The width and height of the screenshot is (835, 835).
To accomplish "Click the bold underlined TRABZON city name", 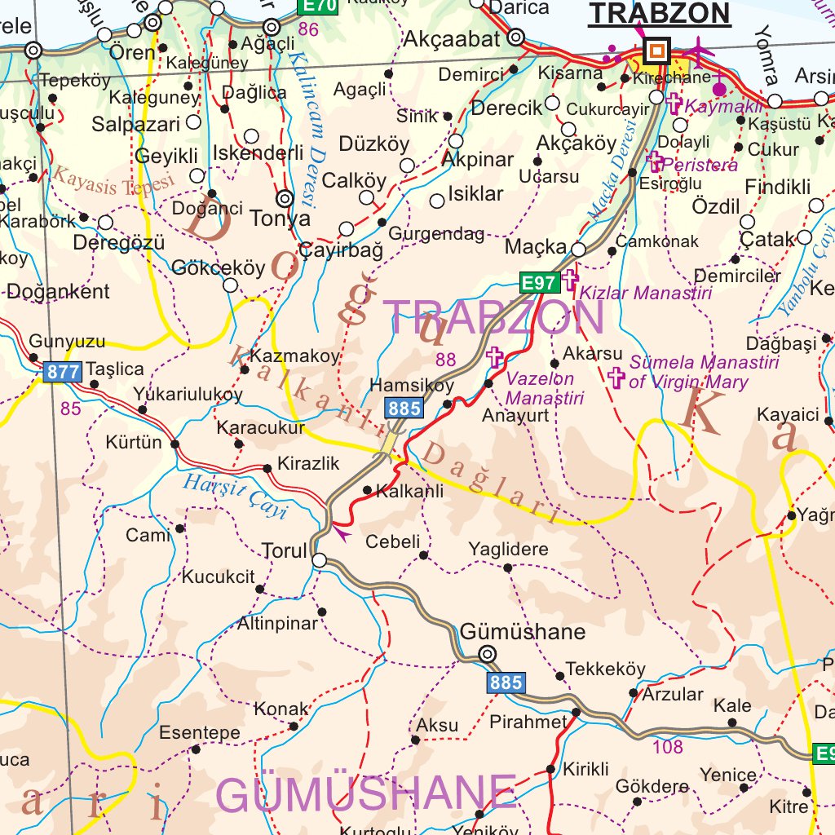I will [659, 13].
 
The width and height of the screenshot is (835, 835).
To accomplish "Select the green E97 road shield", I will [539, 283].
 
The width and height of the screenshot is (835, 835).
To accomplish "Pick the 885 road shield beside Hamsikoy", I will [404, 408].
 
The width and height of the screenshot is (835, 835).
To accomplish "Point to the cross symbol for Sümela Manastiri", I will [616, 377].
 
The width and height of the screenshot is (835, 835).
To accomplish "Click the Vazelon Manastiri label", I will [544, 389].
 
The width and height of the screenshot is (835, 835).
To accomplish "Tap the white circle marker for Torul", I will [320, 560].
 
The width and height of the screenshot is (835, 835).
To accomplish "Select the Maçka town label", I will [535, 246].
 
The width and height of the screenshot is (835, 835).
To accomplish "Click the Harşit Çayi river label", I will [235, 495].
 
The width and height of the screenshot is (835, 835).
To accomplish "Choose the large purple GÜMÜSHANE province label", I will [366, 793].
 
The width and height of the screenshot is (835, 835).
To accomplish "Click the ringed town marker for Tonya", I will [285, 197].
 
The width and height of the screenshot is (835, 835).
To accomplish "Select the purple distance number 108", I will [668, 746].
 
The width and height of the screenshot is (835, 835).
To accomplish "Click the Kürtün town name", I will [134, 443].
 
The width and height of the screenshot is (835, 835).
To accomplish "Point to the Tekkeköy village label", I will [605, 669].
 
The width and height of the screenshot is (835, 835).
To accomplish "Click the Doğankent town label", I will [58, 292].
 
